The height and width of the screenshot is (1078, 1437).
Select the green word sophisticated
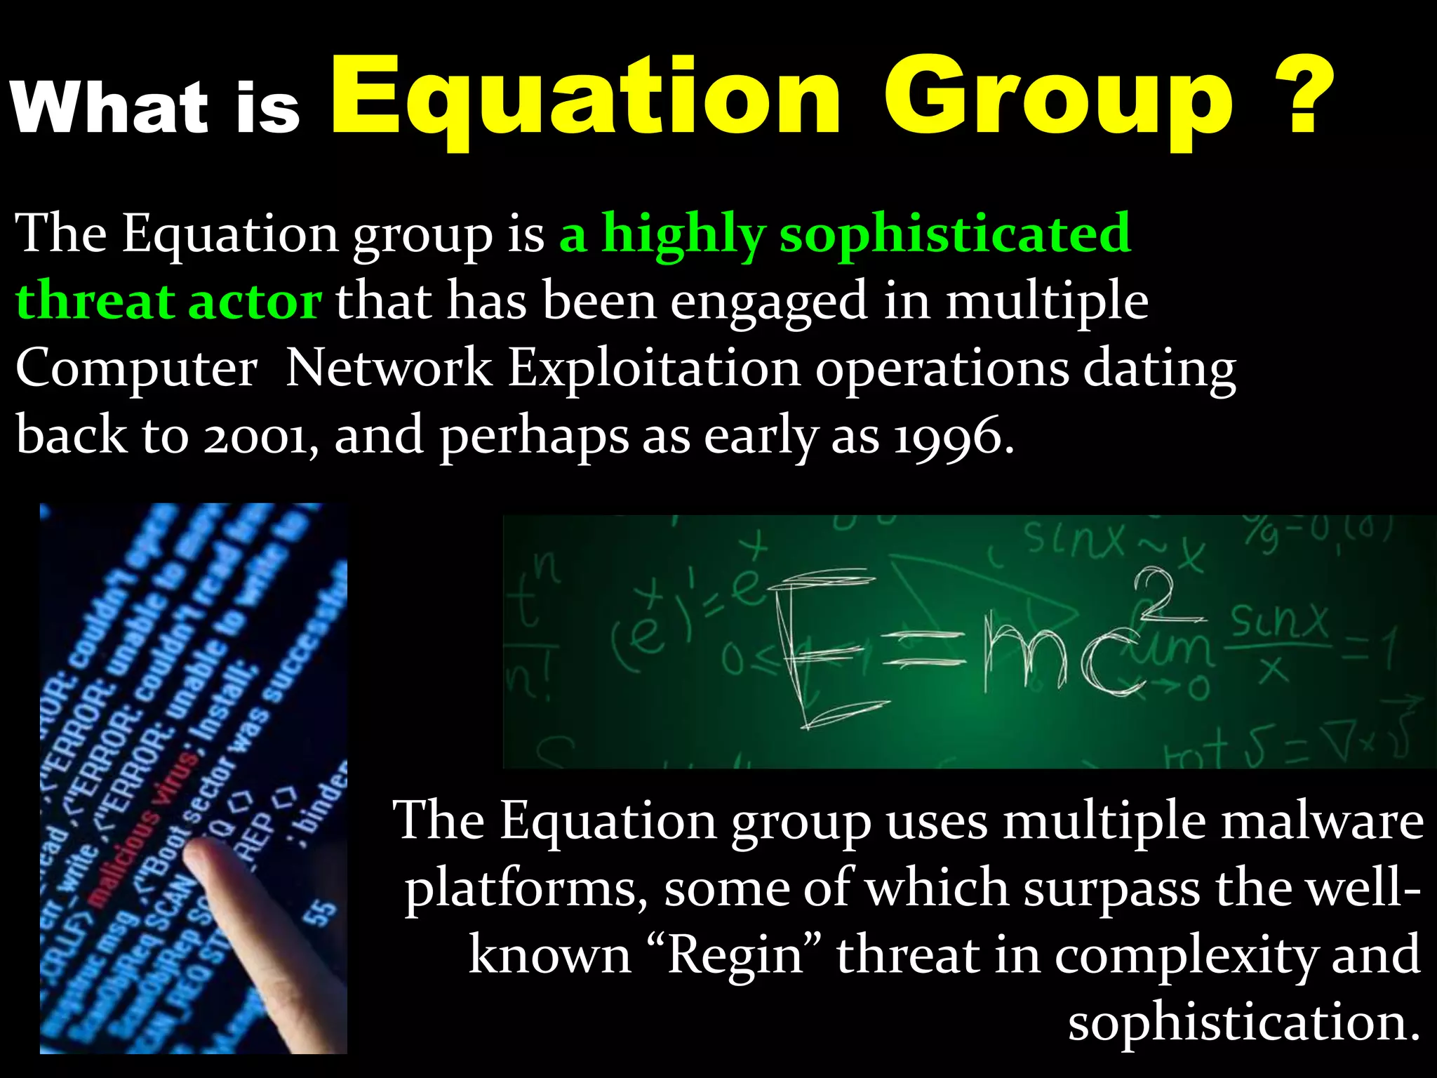tap(954, 234)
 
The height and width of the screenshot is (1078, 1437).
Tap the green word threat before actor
tap(95, 301)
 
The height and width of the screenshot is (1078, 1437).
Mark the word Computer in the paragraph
tap(136, 369)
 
